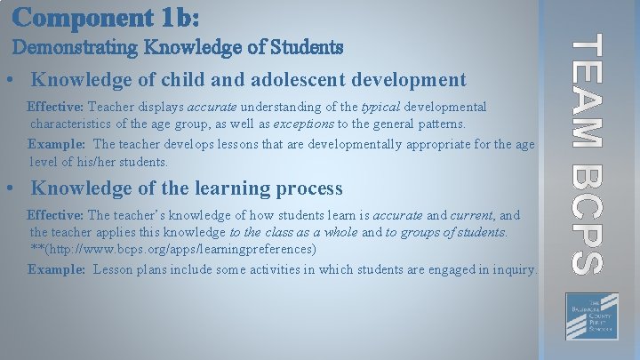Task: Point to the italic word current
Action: (x=471, y=215)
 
